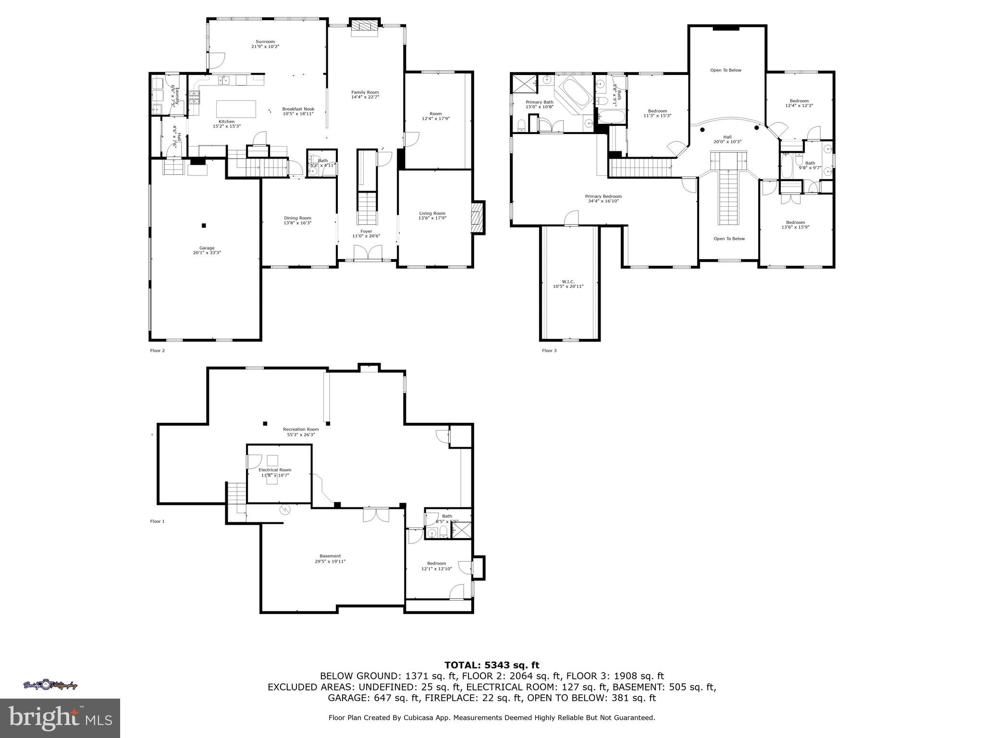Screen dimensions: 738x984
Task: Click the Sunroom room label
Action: click(265, 42)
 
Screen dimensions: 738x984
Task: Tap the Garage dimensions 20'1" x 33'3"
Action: click(207, 253)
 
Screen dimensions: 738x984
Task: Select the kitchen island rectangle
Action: click(236, 109)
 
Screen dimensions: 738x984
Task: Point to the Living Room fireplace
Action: click(477, 217)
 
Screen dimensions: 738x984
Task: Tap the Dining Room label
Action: click(297, 218)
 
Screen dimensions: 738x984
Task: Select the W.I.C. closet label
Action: click(568, 282)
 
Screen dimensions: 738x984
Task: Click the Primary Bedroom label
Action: click(603, 196)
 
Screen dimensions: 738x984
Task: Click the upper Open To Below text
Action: click(726, 70)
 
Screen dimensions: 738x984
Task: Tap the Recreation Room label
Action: click(301, 429)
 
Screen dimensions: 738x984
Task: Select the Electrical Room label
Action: click(275, 470)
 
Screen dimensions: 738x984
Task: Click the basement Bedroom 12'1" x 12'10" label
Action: click(436, 564)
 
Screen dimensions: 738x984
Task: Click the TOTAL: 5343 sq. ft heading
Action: click(492, 665)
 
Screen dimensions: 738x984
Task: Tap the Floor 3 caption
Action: click(549, 351)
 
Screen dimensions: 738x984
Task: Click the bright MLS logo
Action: click(60, 718)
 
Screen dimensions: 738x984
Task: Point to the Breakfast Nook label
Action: click(298, 109)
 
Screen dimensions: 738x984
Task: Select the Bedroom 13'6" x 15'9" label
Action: click(795, 222)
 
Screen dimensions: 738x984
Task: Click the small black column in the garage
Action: click(204, 225)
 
